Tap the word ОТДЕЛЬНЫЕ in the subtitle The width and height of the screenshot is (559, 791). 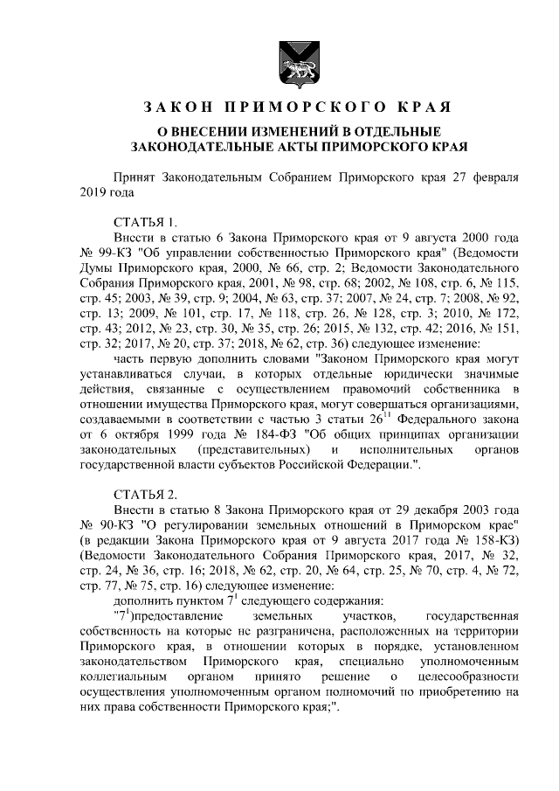tap(415, 131)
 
